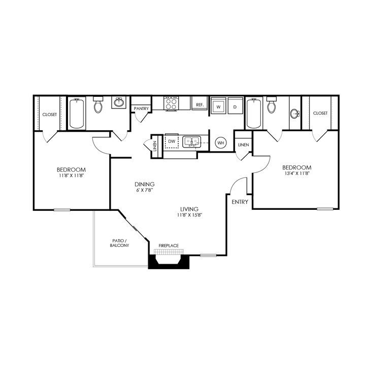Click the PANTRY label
140,108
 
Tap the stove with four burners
171,103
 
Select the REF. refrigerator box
199,105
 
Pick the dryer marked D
235,106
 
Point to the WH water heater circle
221,143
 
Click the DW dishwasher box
172,141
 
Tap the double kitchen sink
192,141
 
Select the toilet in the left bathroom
98,105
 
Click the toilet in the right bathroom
272,105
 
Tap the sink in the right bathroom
295,114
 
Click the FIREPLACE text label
169,246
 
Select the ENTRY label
240,202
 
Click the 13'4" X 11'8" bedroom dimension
296,173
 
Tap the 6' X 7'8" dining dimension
144,190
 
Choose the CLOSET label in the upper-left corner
49,115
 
